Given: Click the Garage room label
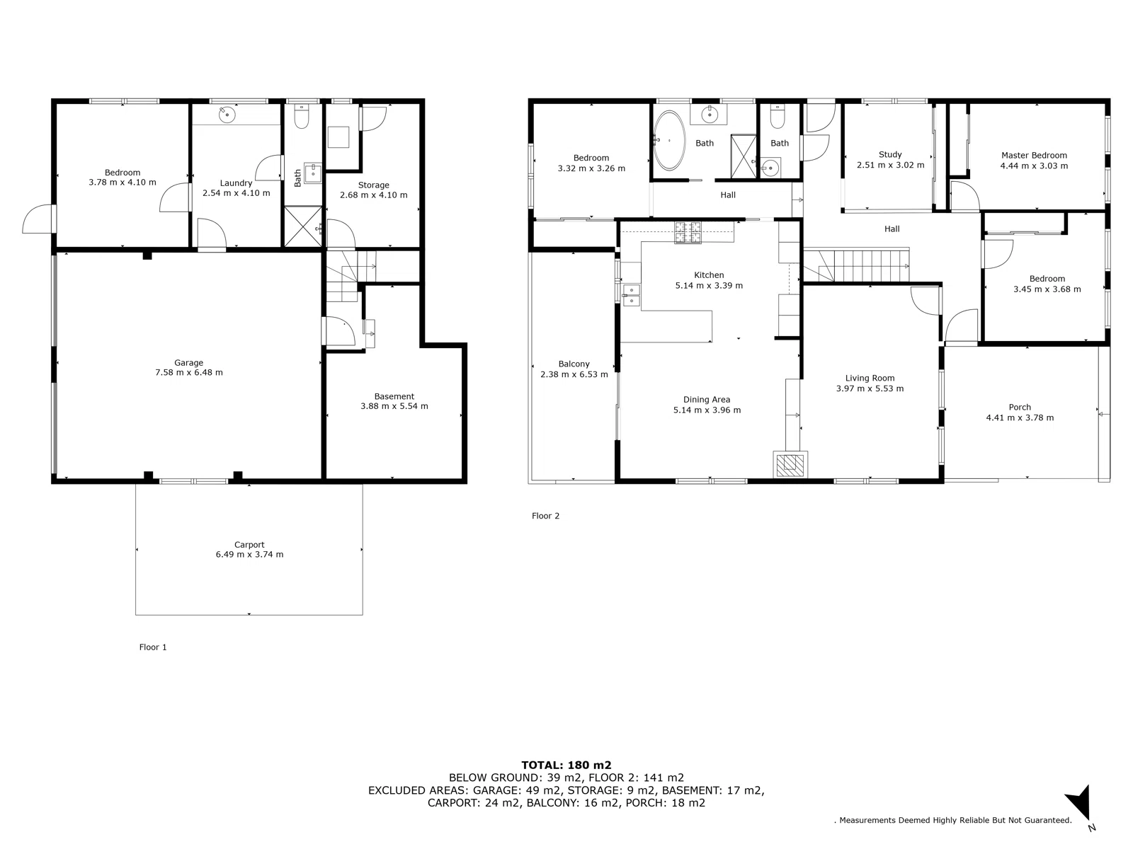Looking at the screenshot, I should (x=189, y=363).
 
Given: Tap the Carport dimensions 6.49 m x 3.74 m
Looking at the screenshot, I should (x=249, y=555).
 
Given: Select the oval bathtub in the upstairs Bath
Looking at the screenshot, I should (x=668, y=140).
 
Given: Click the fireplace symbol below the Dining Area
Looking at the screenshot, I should (x=790, y=465).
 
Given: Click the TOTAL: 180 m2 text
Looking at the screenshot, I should (x=566, y=765).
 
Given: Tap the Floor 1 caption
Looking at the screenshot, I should (x=153, y=647).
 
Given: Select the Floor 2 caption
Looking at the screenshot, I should (x=545, y=516).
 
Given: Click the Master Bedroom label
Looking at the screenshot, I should (x=1034, y=156).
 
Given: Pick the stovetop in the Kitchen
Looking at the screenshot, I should (x=688, y=232).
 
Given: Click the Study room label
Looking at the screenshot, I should (x=890, y=154).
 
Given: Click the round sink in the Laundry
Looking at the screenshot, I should (x=227, y=115).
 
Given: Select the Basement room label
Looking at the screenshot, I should (x=394, y=396).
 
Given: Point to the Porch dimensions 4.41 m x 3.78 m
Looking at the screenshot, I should (x=1020, y=418).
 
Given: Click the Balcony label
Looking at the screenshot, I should (x=574, y=364).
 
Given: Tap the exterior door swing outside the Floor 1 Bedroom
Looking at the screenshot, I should (x=38, y=220).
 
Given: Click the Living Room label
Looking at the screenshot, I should (x=870, y=379).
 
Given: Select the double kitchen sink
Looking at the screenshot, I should (x=630, y=295).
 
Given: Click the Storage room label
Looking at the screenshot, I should (x=373, y=185).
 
